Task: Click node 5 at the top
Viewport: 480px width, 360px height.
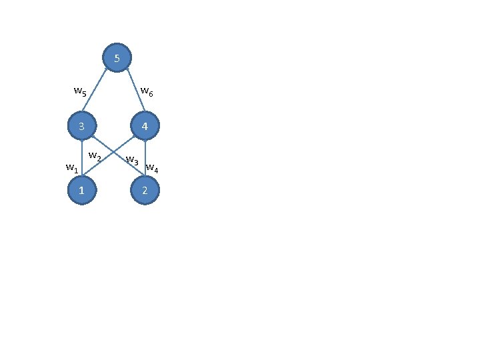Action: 117,58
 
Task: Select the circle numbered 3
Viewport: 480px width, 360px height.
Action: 81,125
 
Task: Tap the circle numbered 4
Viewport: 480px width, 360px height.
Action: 145,125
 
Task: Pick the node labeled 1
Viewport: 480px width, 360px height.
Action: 81,191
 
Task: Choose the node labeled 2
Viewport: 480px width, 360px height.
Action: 145,191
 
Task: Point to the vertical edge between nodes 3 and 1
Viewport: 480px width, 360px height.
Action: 81,159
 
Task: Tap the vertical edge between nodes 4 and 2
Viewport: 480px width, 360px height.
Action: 145,159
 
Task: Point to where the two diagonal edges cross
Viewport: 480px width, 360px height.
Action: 113,158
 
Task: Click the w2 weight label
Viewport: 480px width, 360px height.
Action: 95,157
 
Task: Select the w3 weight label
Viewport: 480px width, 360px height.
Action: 132,161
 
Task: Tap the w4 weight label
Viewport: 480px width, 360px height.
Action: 152,168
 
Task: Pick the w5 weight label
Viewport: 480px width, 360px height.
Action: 80,91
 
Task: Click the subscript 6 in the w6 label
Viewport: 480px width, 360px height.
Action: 151,94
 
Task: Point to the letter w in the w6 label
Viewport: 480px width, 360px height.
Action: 144,91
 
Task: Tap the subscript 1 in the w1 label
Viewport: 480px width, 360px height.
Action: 76,171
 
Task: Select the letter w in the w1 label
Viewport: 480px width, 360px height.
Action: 70,167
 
